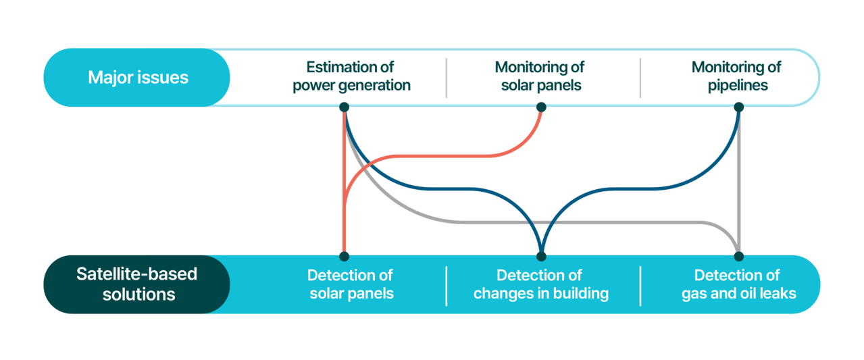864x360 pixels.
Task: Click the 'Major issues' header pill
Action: tap(136, 77)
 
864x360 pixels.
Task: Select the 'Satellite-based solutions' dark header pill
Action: tap(136, 284)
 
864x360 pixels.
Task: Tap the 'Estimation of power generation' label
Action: tap(351, 76)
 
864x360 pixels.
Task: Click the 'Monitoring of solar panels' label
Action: tap(540, 76)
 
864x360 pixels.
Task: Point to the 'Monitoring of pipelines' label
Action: tap(737, 76)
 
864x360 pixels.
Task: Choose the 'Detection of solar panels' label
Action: tap(351, 284)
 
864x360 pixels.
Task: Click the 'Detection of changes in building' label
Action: tap(541, 284)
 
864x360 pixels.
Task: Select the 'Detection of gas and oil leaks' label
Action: tap(738, 284)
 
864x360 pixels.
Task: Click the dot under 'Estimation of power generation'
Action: tap(344, 107)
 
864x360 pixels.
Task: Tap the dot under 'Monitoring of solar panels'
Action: tap(541, 107)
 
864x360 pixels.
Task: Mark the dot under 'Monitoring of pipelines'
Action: tap(738, 107)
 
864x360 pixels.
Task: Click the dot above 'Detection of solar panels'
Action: tap(344, 256)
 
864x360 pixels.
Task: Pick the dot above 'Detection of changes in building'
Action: tap(541, 256)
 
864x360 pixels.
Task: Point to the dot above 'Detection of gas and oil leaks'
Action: tap(738, 256)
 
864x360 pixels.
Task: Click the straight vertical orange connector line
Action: tap(344, 181)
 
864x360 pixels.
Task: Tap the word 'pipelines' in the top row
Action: tap(738, 86)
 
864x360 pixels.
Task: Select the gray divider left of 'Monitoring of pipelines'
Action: tap(640, 78)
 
